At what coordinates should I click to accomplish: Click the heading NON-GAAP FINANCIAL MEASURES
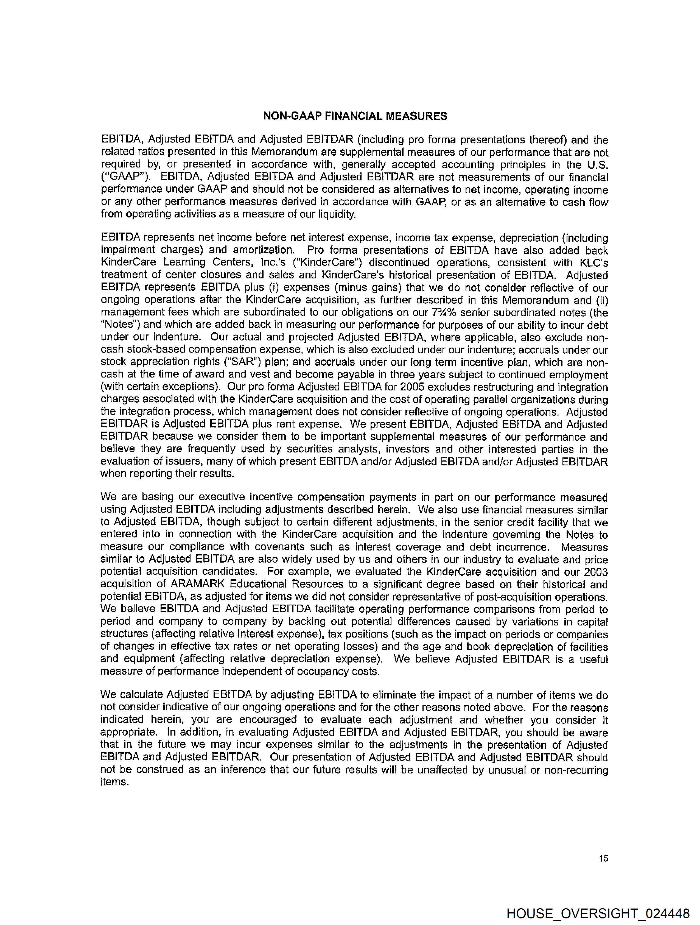click(355, 116)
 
